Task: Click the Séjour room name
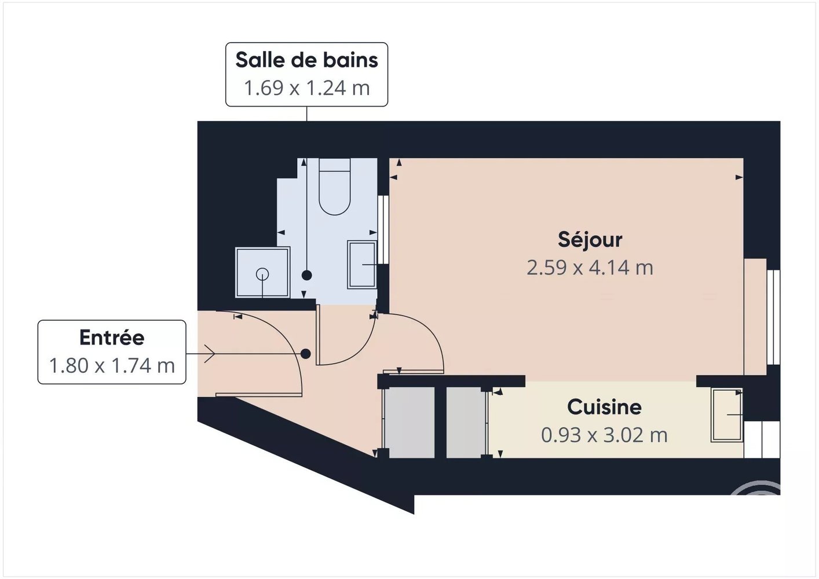590,240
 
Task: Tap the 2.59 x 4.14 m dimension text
590,267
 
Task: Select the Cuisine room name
604,407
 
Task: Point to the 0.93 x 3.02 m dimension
604,435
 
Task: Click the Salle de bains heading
306,60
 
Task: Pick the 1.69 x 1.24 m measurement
306,88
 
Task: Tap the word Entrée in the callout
112,338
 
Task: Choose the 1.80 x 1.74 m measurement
112,365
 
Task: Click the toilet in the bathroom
335,186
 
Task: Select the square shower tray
262,272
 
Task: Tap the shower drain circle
262,274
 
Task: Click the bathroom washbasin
362,264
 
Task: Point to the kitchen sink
727,415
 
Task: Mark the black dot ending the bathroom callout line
307,276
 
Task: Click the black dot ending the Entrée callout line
306,354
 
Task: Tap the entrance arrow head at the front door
209,354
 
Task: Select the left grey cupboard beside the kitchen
411,422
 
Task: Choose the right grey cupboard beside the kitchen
466,422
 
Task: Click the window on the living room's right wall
773,317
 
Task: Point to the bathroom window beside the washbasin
383,229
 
